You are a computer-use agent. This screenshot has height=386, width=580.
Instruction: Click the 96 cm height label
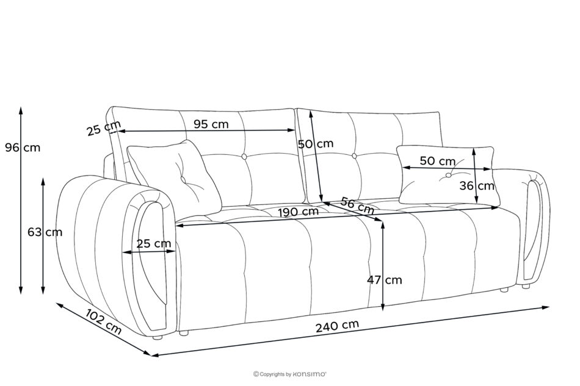[23, 148]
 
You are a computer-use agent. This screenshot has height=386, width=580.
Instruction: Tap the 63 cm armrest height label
[45, 232]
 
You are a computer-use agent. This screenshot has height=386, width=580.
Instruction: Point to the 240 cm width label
[337, 326]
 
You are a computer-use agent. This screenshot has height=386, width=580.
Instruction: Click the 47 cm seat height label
[384, 280]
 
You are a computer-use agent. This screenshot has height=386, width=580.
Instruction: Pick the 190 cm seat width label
[298, 212]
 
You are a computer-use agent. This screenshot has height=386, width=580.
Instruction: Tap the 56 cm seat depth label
[357, 206]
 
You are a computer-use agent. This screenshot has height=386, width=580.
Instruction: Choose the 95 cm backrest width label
[211, 124]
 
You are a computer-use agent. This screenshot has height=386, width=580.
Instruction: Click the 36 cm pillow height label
[477, 186]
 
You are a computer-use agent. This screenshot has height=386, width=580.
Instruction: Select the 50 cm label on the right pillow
[438, 161]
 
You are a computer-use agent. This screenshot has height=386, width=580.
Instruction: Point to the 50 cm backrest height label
[316, 144]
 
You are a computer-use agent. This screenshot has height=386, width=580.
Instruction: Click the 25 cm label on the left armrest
[154, 244]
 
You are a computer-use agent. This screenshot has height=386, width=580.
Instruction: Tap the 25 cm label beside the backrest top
[104, 128]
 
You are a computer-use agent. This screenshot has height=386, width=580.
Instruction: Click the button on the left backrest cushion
[244, 157]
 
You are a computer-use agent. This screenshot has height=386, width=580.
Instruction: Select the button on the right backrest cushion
[354, 156]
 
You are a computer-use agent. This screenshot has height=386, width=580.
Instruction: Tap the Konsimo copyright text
[289, 374]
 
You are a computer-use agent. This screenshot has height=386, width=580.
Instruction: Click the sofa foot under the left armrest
[158, 337]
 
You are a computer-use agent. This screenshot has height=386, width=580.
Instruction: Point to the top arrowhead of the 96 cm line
[21, 110]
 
